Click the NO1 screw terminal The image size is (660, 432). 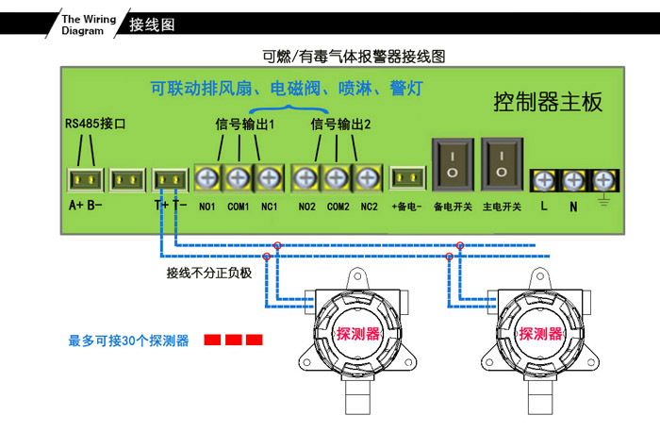tap(208, 176)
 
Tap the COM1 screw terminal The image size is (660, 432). tap(239, 176)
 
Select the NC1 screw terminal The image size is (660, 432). tap(269, 176)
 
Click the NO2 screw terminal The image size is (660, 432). tap(305, 176)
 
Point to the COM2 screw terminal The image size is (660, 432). tap(337, 176)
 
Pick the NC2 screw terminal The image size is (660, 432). tap(367, 176)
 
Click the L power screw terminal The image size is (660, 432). tap(543, 179)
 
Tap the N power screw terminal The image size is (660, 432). tap(572, 179)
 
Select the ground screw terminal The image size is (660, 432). tap(602, 179)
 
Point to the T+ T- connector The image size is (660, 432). tap(171, 178)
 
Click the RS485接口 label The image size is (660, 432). tap(94, 124)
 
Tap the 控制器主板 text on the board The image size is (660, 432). tap(548, 102)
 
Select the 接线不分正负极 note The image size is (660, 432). tap(209, 273)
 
